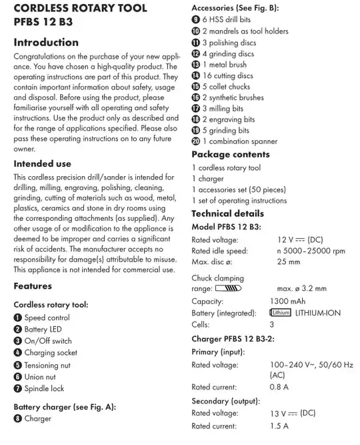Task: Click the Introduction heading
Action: tap(46, 43)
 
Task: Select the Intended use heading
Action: tap(42, 163)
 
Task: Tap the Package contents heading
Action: tap(231, 154)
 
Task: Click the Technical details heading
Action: tap(227, 213)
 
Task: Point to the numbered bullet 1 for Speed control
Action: tap(18, 318)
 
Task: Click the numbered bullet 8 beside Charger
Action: tap(18, 419)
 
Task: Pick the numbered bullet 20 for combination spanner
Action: tap(195, 141)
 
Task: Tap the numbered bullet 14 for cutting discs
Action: tap(195, 76)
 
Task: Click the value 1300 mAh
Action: tap(288, 301)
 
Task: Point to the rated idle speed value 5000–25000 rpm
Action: tap(311, 251)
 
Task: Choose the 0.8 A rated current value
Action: tap(279, 387)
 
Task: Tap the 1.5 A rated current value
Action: tap(279, 426)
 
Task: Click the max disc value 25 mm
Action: tap(288, 262)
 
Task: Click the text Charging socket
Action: tap(51, 353)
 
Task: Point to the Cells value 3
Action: tap(271, 324)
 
